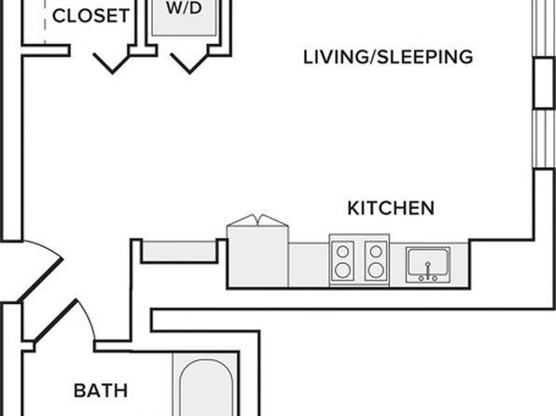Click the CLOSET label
tap(90, 16)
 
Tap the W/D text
tap(184, 7)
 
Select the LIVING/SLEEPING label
tap(388, 57)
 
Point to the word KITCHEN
tap(391, 208)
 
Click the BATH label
tap(101, 391)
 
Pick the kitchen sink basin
tap(428, 261)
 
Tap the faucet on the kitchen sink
tap(428, 271)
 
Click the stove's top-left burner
tap(342, 252)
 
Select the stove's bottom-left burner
tap(342, 270)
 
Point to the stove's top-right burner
tap(376, 252)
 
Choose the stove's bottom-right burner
tap(376, 270)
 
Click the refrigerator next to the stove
tap(257, 257)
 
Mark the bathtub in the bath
tap(205, 386)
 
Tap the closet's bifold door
tap(112, 63)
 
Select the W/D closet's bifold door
tap(189, 63)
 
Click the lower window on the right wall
tap(545, 139)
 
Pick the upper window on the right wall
tap(545, 28)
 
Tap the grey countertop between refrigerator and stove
tap(309, 265)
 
